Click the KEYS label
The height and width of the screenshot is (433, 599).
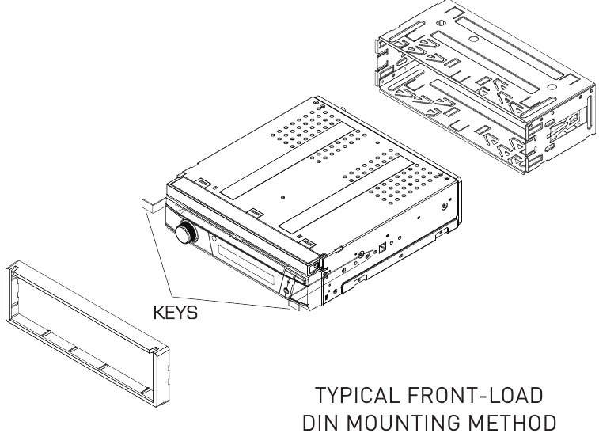(x=176, y=313)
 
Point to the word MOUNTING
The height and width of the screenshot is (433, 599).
(x=404, y=423)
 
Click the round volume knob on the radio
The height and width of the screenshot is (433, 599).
(x=186, y=233)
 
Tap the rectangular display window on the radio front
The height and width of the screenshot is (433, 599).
(x=246, y=265)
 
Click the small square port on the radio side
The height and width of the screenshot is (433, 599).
(x=382, y=249)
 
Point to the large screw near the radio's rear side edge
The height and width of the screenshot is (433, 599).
(x=444, y=207)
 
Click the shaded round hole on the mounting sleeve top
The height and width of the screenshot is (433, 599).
(x=473, y=39)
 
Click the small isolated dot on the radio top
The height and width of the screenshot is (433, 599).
(x=282, y=198)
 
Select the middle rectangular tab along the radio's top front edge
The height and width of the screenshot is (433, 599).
(x=255, y=212)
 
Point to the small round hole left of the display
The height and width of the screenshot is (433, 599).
(x=214, y=240)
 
